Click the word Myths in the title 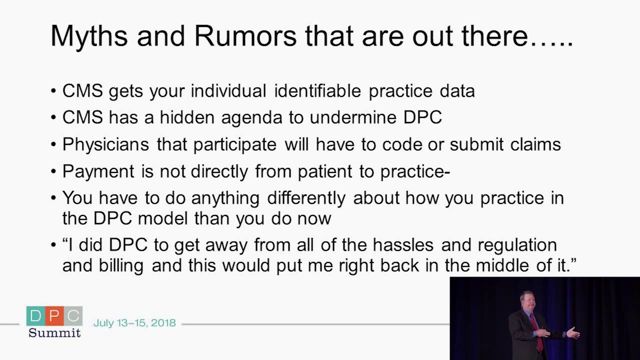coord(89,36)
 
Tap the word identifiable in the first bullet coord(317,91)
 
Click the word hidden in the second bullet coord(187,117)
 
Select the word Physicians coord(105,144)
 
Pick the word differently coord(306,198)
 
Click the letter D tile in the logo coord(36,316)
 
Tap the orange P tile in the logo coord(54,316)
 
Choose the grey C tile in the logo coord(73,316)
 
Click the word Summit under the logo coord(54,333)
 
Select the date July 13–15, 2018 coord(134,323)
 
